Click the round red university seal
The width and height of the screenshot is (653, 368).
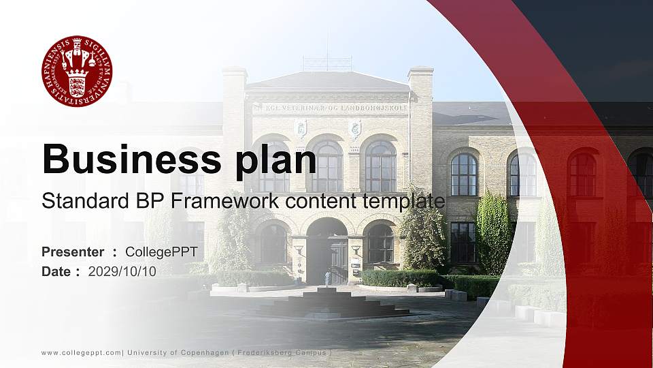click(77, 71)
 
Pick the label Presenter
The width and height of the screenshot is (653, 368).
click(73, 252)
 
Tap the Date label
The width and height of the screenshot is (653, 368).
click(56, 271)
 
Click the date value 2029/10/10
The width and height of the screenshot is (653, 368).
click(122, 271)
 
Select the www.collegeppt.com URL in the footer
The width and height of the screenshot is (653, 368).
click(82, 352)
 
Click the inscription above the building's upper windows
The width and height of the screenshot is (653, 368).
click(328, 107)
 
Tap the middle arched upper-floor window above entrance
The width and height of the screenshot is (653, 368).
click(327, 166)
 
